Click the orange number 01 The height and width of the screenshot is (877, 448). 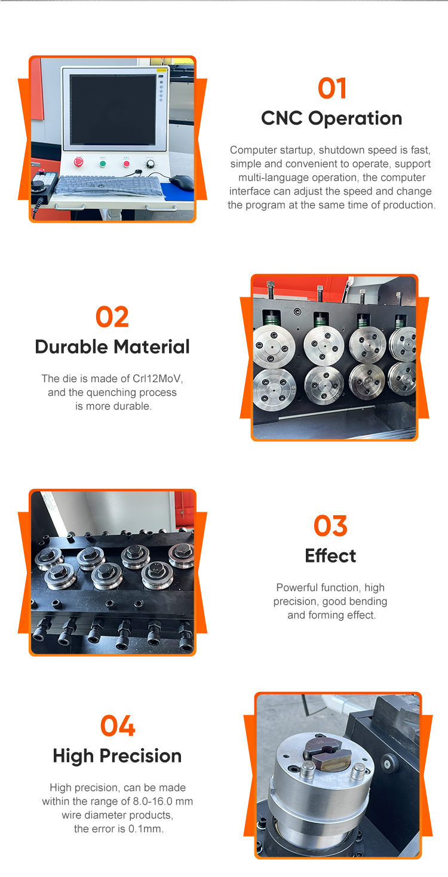332,88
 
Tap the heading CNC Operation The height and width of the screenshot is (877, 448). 332,118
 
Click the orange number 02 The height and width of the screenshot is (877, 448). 112,317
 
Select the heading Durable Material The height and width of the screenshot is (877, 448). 112,347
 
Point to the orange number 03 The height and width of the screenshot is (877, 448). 330,525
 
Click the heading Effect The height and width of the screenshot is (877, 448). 330,556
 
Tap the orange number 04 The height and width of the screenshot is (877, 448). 118,725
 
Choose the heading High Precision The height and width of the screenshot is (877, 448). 117,756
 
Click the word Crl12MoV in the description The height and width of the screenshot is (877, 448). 157,379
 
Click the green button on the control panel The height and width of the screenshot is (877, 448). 103,164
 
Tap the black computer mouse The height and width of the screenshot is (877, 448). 182,182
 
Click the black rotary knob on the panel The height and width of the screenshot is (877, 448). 150,164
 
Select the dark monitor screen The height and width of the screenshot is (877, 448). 113,110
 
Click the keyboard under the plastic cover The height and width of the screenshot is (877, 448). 108,187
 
